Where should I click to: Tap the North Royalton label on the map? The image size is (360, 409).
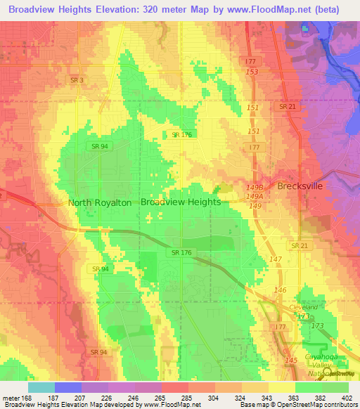(99, 202)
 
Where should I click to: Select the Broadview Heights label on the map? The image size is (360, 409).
(181, 202)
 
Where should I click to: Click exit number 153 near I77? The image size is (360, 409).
(252, 72)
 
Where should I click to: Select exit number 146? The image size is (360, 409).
(280, 290)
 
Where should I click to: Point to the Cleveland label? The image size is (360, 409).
(304, 308)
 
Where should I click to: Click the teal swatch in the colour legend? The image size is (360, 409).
(41, 387)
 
